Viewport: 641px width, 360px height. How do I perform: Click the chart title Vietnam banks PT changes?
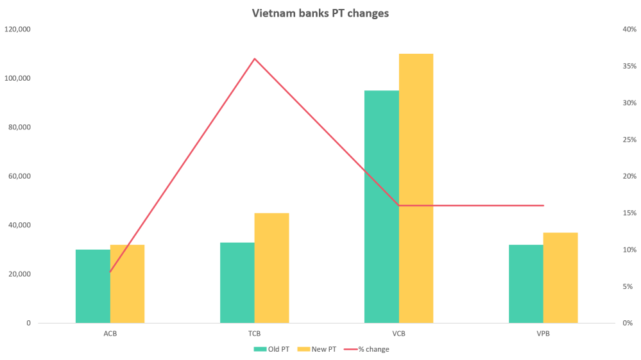pyautogui.click(x=320, y=13)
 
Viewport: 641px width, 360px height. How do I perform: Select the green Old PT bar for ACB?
pyautogui.click(x=92, y=286)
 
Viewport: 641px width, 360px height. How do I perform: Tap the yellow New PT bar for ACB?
pyautogui.click(x=127, y=284)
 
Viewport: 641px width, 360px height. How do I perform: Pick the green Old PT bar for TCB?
pyautogui.click(x=237, y=282)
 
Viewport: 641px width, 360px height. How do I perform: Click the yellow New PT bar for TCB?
pyautogui.click(x=272, y=267)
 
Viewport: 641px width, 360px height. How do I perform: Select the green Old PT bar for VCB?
pyautogui.click(x=381, y=206)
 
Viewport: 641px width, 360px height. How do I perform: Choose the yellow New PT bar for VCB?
pyautogui.click(x=416, y=188)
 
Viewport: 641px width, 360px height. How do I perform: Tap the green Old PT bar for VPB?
pyautogui.click(x=526, y=284)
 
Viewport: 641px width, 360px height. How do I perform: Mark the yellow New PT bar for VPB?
pyautogui.click(x=561, y=277)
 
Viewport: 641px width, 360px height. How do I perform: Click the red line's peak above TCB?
pyautogui.click(x=255, y=58)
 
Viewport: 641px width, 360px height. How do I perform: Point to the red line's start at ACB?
pyautogui.click(x=110, y=272)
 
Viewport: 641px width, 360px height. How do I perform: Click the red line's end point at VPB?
pyautogui.click(x=543, y=206)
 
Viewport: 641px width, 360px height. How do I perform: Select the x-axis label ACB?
pyautogui.click(x=110, y=334)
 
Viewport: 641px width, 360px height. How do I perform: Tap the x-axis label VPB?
pyautogui.click(x=543, y=334)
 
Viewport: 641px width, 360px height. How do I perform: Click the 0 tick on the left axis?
pyautogui.click(x=28, y=323)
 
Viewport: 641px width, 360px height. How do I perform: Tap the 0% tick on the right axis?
pyautogui.click(x=628, y=323)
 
